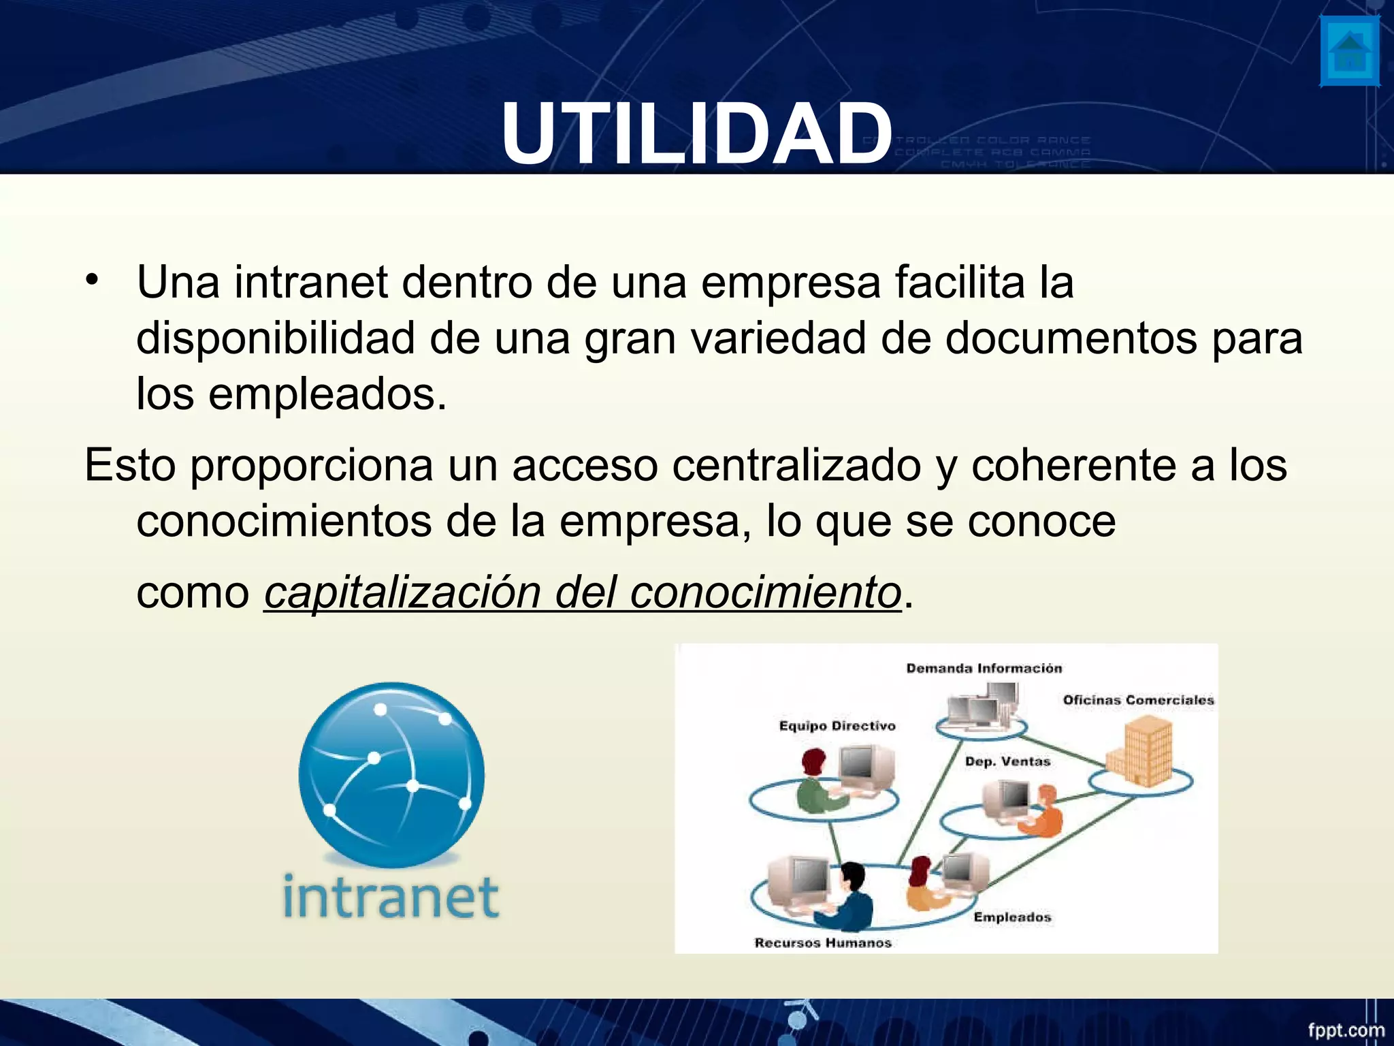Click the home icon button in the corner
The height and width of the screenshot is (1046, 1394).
tap(1349, 52)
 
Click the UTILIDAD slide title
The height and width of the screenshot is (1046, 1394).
tap(696, 133)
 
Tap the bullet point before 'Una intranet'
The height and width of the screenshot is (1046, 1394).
tap(93, 281)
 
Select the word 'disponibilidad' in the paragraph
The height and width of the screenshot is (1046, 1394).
tap(275, 338)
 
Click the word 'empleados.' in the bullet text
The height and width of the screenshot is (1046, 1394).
tap(327, 394)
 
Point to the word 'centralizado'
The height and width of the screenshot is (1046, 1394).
tap(796, 465)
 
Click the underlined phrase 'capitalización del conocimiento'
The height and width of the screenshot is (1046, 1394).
tap(583, 592)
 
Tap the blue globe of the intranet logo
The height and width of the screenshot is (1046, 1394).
tap(391, 774)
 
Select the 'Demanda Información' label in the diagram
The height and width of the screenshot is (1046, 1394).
tap(984, 668)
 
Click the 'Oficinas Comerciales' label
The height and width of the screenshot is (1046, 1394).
tap(1138, 700)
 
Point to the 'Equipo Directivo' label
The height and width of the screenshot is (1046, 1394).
tap(837, 726)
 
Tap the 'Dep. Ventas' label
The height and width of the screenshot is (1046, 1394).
tap(1007, 761)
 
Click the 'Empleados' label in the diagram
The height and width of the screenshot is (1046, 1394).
tap(1012, 917)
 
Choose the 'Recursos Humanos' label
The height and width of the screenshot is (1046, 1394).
tap(823, 942)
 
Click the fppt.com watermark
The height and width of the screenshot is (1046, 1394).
tap(1345, 1029)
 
